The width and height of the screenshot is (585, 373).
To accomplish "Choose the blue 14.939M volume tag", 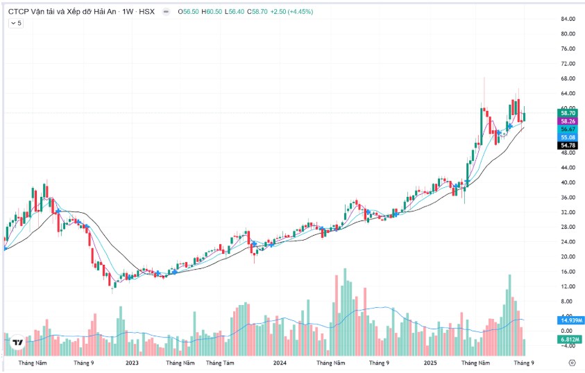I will [x=570, y=320].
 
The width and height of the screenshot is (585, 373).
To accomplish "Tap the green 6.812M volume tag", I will [x=569, y=340].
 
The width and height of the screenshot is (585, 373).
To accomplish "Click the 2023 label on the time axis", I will [x=132, y=363].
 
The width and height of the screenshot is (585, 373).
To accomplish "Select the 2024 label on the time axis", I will [x=280, y=363].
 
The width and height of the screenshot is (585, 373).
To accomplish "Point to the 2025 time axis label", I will [x=430, y=363].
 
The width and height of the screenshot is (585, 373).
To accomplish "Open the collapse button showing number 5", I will [x=15, y=23].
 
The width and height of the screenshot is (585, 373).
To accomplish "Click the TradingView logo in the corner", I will [x=18, y=342].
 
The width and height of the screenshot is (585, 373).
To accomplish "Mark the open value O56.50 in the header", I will [x=189, y=11].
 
